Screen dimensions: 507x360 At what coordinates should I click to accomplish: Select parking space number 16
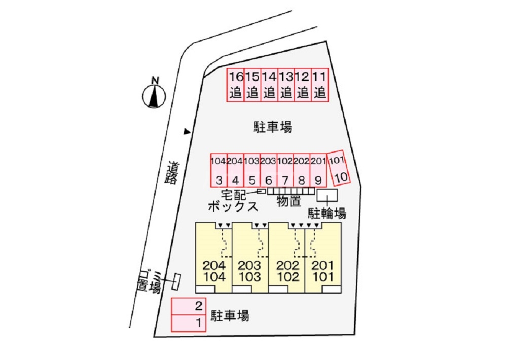coord(236,85)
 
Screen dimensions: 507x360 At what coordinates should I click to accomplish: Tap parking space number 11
coord(319,85)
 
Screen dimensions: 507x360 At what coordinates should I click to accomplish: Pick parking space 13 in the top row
coord(286,85)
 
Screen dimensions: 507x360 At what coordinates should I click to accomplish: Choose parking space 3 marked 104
coord(219,171)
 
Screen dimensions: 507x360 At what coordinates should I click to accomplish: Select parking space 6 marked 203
coord(268,171)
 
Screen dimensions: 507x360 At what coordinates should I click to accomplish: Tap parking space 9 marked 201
coord(318,171)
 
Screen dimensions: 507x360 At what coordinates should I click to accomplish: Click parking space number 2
coord(188,306)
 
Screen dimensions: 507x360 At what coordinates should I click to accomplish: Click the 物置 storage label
coord(289,202)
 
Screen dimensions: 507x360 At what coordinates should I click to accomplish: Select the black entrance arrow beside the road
coord(187,132)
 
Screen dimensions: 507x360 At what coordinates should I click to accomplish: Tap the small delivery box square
coord(262,191)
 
